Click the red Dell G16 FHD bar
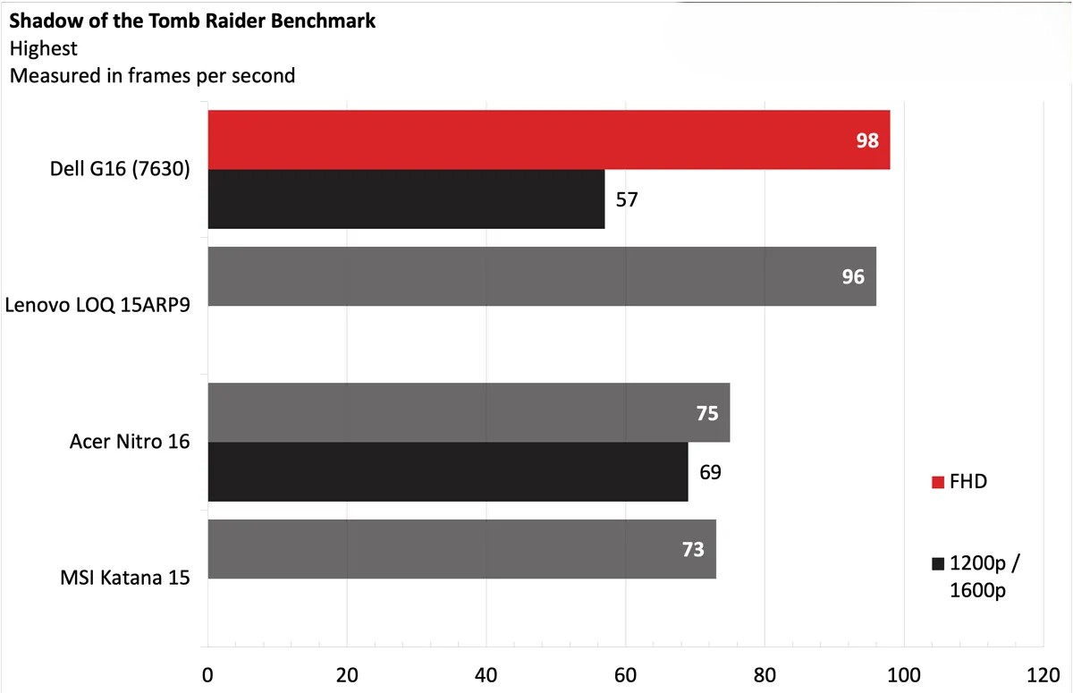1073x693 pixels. pos(536,139)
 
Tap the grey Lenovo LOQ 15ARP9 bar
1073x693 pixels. pos(536,276)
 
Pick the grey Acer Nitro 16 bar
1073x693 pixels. pos(465,412)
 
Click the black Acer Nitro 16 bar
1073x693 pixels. pos(447,471)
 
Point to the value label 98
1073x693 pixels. pos(867,140)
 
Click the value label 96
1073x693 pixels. pos(853,277)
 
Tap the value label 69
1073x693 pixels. pos(710,471)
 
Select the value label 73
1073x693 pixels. pos(693,549)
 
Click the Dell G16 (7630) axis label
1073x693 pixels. pos(120,169)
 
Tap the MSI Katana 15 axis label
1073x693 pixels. pos(126,578)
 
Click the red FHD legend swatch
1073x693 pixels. pos(938,483)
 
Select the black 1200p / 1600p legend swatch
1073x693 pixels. pos(938,564)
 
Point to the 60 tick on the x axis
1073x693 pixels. pos(625,675)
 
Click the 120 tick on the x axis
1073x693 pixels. pos(1043,675)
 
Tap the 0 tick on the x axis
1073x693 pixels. pos(207,675)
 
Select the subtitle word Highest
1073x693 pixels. pos(43,48)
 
